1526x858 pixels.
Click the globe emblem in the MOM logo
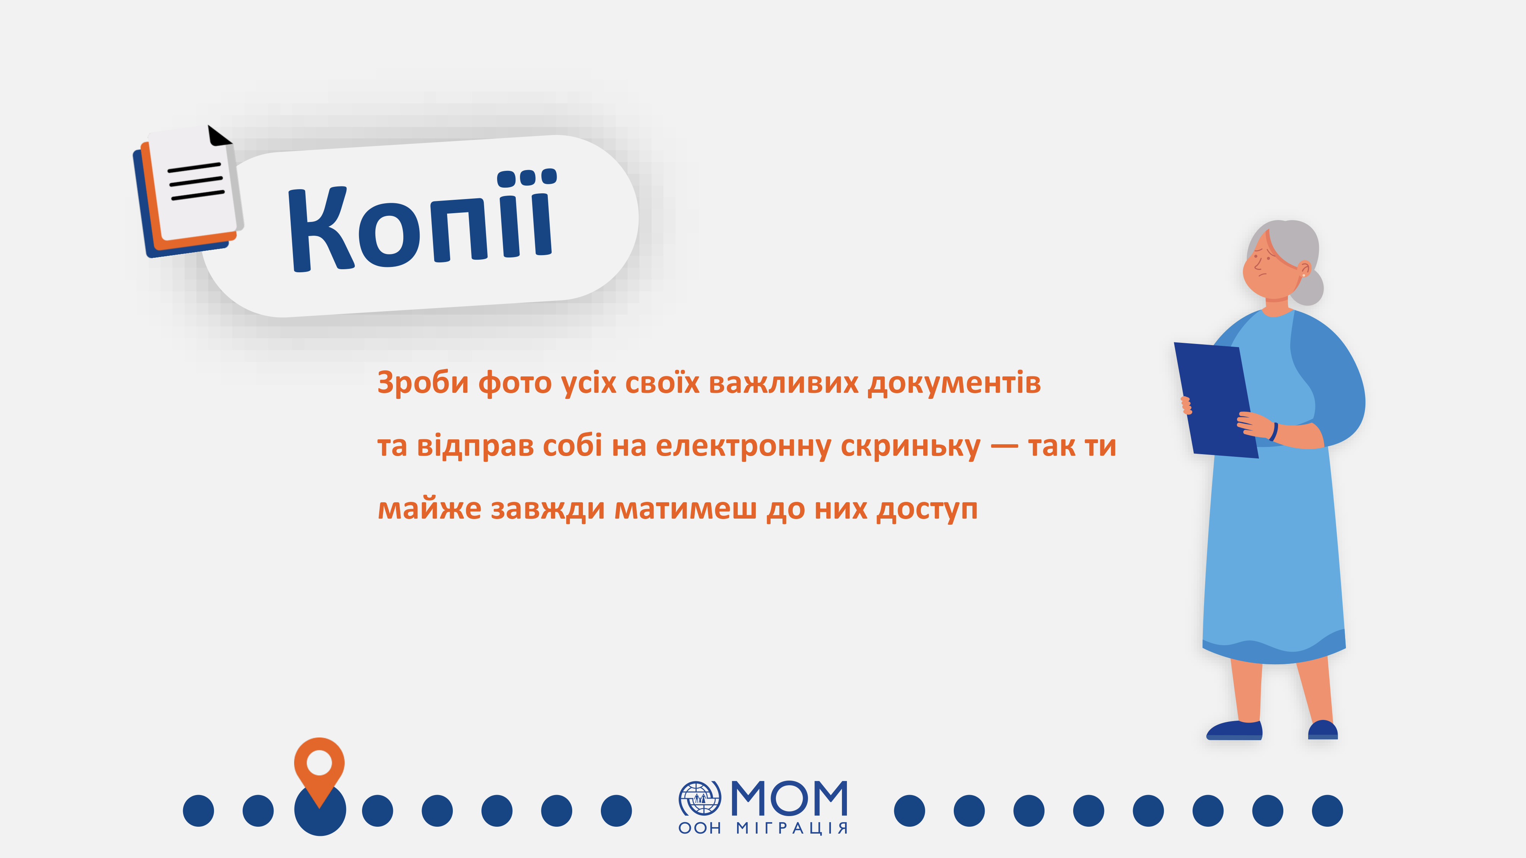(x=700, y=798)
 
